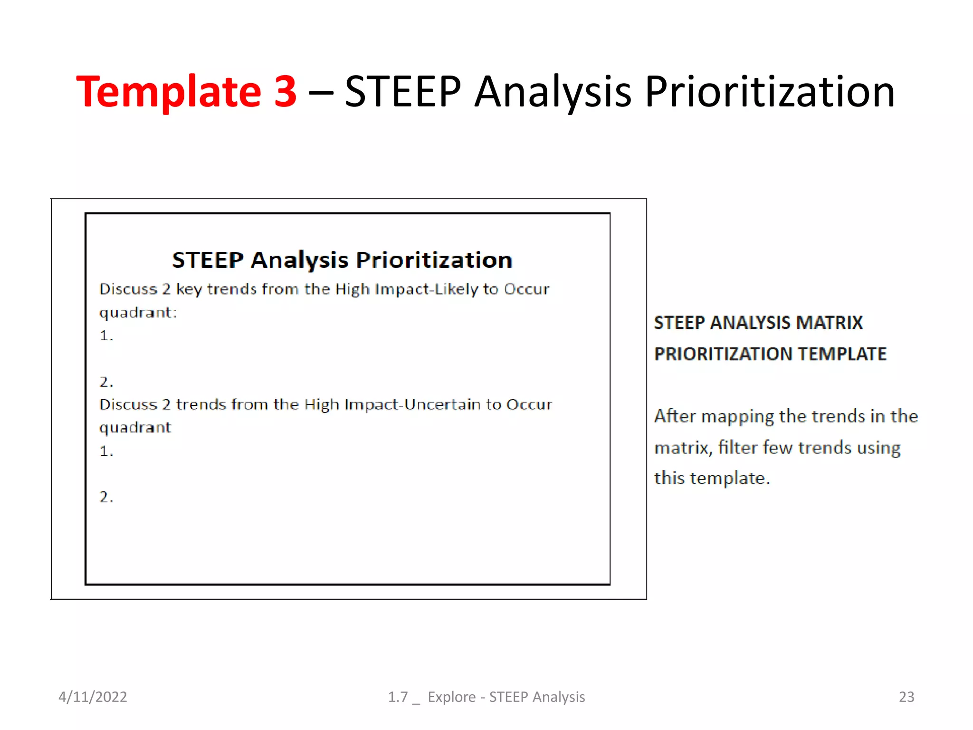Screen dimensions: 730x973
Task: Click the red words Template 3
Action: tap(186, 91)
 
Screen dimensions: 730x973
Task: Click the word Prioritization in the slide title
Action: tap(769, 91)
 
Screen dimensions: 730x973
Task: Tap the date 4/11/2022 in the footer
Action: tap(93, 697)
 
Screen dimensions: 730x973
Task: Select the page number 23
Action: tap(906, 697)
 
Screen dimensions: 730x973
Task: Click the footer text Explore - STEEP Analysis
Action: tap(506, 697)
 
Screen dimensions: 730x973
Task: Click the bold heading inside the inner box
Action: tap(342, 260)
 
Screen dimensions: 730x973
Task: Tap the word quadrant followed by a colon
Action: tap(137, 312)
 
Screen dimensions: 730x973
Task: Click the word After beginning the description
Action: tap(675, 416)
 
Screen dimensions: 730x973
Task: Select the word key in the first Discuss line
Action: tap(189, 289)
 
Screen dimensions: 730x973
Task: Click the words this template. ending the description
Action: tap(712, 478)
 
